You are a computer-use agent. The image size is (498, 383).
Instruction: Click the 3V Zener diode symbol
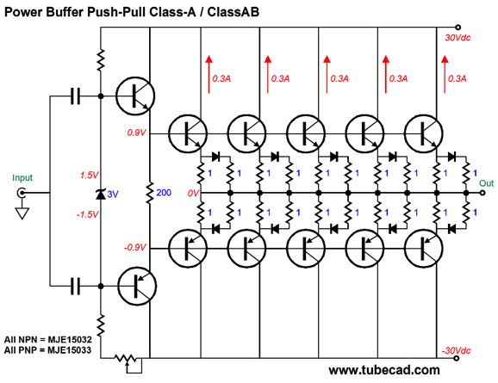[x=101, y=195]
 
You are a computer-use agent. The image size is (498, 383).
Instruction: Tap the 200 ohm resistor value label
[x=164, y=193]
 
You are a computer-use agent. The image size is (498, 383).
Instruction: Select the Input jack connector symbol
[x=22, y=193]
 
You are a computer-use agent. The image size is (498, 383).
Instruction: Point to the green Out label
[x=486, y=183]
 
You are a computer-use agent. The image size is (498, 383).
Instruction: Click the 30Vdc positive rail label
[x=458, y=38]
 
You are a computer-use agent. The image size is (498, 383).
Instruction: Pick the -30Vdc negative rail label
[x=456, y=350]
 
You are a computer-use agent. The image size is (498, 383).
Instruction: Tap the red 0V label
[x=193, y=193]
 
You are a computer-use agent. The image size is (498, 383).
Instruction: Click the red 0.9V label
[x=136, y=133]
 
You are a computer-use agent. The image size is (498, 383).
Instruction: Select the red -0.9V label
[x=135, y=247]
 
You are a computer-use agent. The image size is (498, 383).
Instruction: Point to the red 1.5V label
[x=90, y=176]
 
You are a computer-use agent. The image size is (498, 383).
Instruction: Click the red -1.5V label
[x=88, y=214]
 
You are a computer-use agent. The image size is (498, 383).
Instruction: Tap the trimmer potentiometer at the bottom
[x=126, y=361]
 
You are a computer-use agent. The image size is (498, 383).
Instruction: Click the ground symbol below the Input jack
[x=22, y=213]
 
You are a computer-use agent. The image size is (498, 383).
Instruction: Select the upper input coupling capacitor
[x=75, y=96]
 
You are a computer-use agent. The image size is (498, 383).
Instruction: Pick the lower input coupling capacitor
[x=75, y=287]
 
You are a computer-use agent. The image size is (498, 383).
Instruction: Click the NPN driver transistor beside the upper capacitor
[x=135, y=96]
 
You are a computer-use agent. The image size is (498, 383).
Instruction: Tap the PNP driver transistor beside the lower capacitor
[x=137, y=286]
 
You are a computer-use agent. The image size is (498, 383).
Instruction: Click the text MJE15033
[x=70, y=350]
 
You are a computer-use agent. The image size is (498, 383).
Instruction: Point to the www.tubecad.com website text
[x=384, y=370]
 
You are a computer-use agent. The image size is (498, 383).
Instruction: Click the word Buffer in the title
[x=65, y=12]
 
